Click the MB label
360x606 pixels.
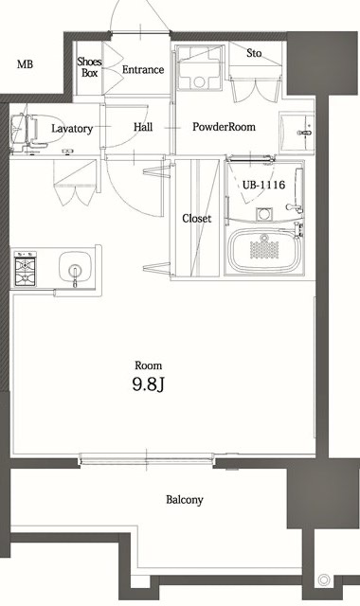[25, 65]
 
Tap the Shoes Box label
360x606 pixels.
[90, 66]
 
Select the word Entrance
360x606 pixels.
[143, 70]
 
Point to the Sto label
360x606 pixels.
[254, 54]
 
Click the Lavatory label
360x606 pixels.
[72, 128]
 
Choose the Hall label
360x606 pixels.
[143, 127]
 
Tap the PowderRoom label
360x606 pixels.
[223, 127]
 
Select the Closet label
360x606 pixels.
[196, 219]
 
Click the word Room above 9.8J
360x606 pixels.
[148, 365]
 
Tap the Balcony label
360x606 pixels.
[185, 500]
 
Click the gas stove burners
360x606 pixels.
[25, 268]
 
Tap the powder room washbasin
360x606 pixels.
[304, 125]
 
